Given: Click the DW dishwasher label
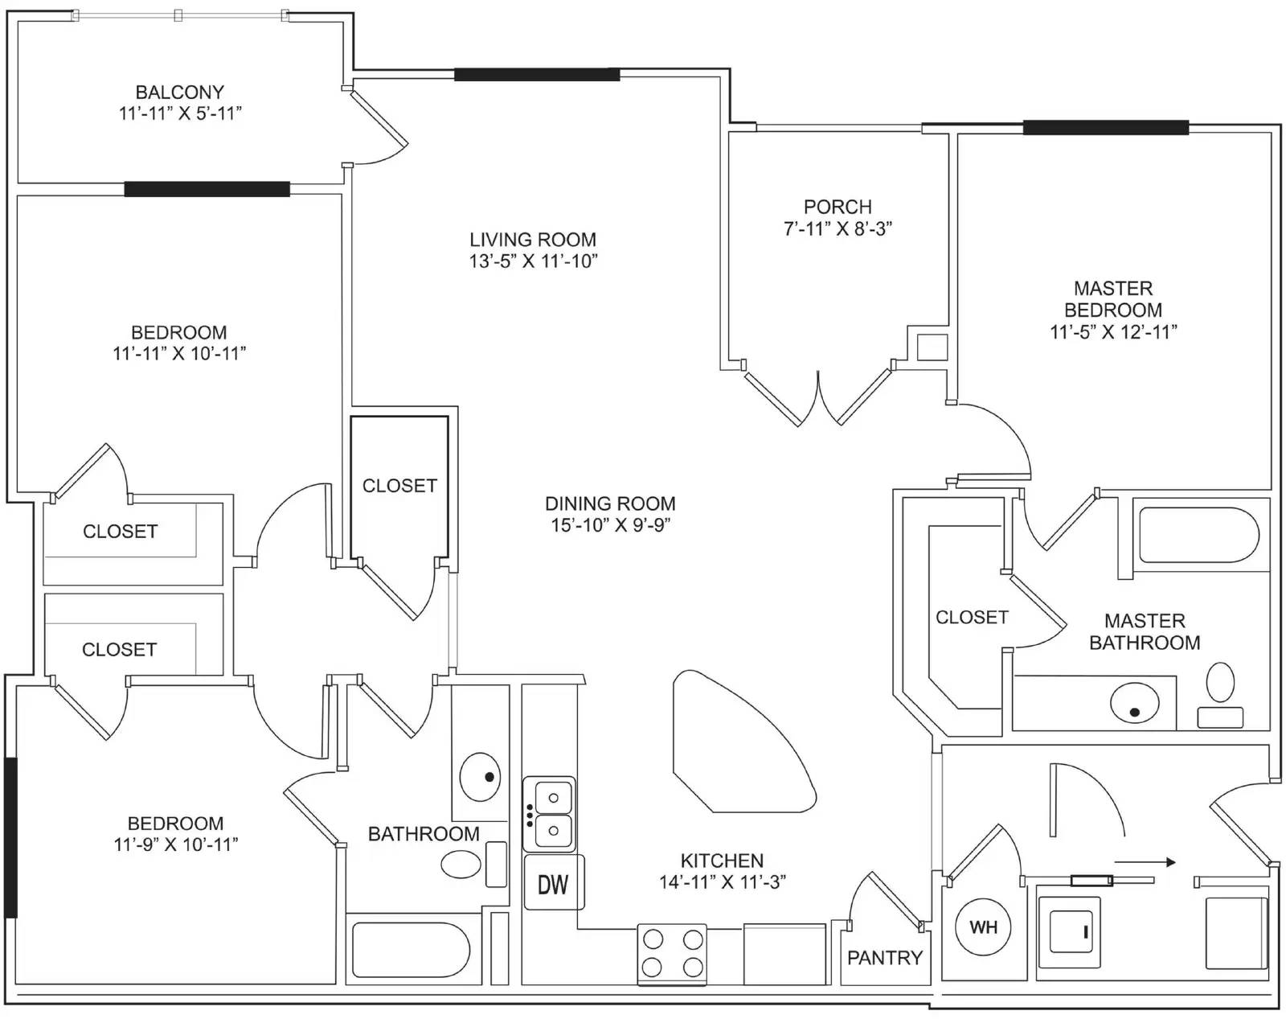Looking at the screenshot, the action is tap(553, 885).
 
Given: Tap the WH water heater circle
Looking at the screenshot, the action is tap(983, 927).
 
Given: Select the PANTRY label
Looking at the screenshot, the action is tap(884, 957).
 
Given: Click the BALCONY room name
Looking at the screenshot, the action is tap(180, 92).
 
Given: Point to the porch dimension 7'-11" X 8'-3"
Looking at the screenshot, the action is tap(838, 228).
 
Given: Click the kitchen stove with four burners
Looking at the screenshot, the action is tap(672, 954).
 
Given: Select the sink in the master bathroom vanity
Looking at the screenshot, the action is tap(1134, 703).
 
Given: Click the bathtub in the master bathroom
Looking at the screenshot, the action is tap(1198, 535).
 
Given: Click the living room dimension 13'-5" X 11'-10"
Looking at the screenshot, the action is tap(533, 261).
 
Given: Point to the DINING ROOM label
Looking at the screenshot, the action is tap(610, 503).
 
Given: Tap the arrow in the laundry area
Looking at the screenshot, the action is tap(1145, 862).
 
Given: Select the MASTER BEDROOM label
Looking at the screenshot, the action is tap(1113, 299).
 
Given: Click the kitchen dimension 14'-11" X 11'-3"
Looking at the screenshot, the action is tap(722, 882).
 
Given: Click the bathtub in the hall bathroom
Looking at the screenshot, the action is tap(411, 950).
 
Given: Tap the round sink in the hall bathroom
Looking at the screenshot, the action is tap(480, 777).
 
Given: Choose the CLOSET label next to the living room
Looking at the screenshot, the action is tap(399, 486).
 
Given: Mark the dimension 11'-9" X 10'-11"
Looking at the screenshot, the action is tap(176, 844).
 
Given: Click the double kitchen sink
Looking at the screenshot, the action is tap(549, 814).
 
